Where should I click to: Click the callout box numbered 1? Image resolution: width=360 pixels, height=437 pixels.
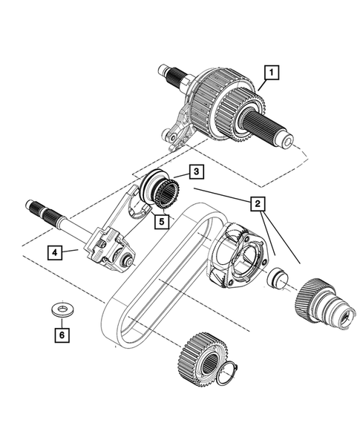coord(272,73)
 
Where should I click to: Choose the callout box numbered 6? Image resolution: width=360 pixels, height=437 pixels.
coord(62,335)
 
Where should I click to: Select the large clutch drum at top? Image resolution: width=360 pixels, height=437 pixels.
coord(223,105)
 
